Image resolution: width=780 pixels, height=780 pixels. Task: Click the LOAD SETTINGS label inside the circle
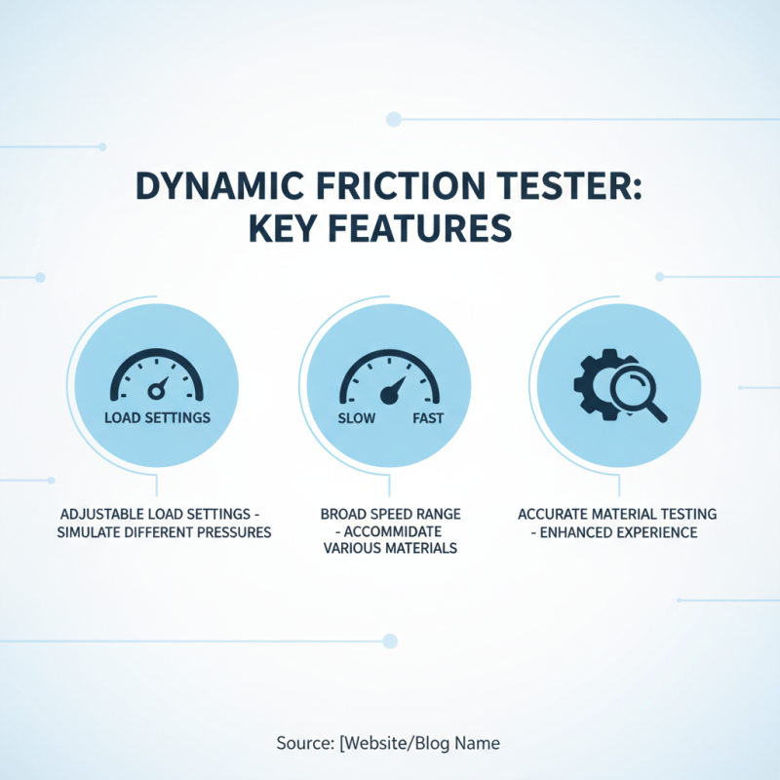[156, 416]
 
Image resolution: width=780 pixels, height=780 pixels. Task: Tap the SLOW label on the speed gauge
[356, 417]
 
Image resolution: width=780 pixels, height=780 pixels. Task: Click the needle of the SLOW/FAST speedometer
[393, 391]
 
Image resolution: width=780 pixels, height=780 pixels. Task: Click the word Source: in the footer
[305, 743]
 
